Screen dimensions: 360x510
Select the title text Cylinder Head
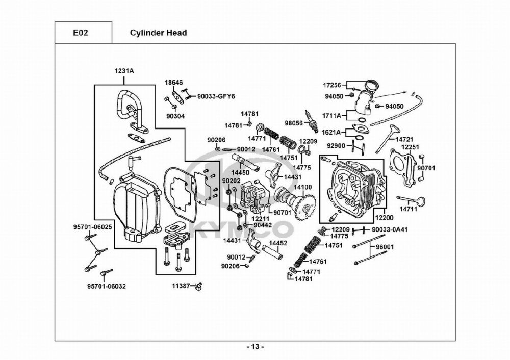click(158, 33)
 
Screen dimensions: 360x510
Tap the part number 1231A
click(124, 72)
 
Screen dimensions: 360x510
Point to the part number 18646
click(173, 82)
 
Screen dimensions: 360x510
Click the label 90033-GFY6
click(216, 96)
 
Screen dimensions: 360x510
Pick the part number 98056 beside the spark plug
click(294, 123)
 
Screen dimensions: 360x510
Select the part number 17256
click(332, 85)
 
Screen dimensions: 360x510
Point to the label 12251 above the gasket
click(410, 147)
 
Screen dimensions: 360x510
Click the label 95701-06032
click(106, 286)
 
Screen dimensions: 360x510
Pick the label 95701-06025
click(91, 226)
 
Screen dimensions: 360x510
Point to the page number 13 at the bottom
click(255, 347)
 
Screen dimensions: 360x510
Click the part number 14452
click(278, 243)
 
